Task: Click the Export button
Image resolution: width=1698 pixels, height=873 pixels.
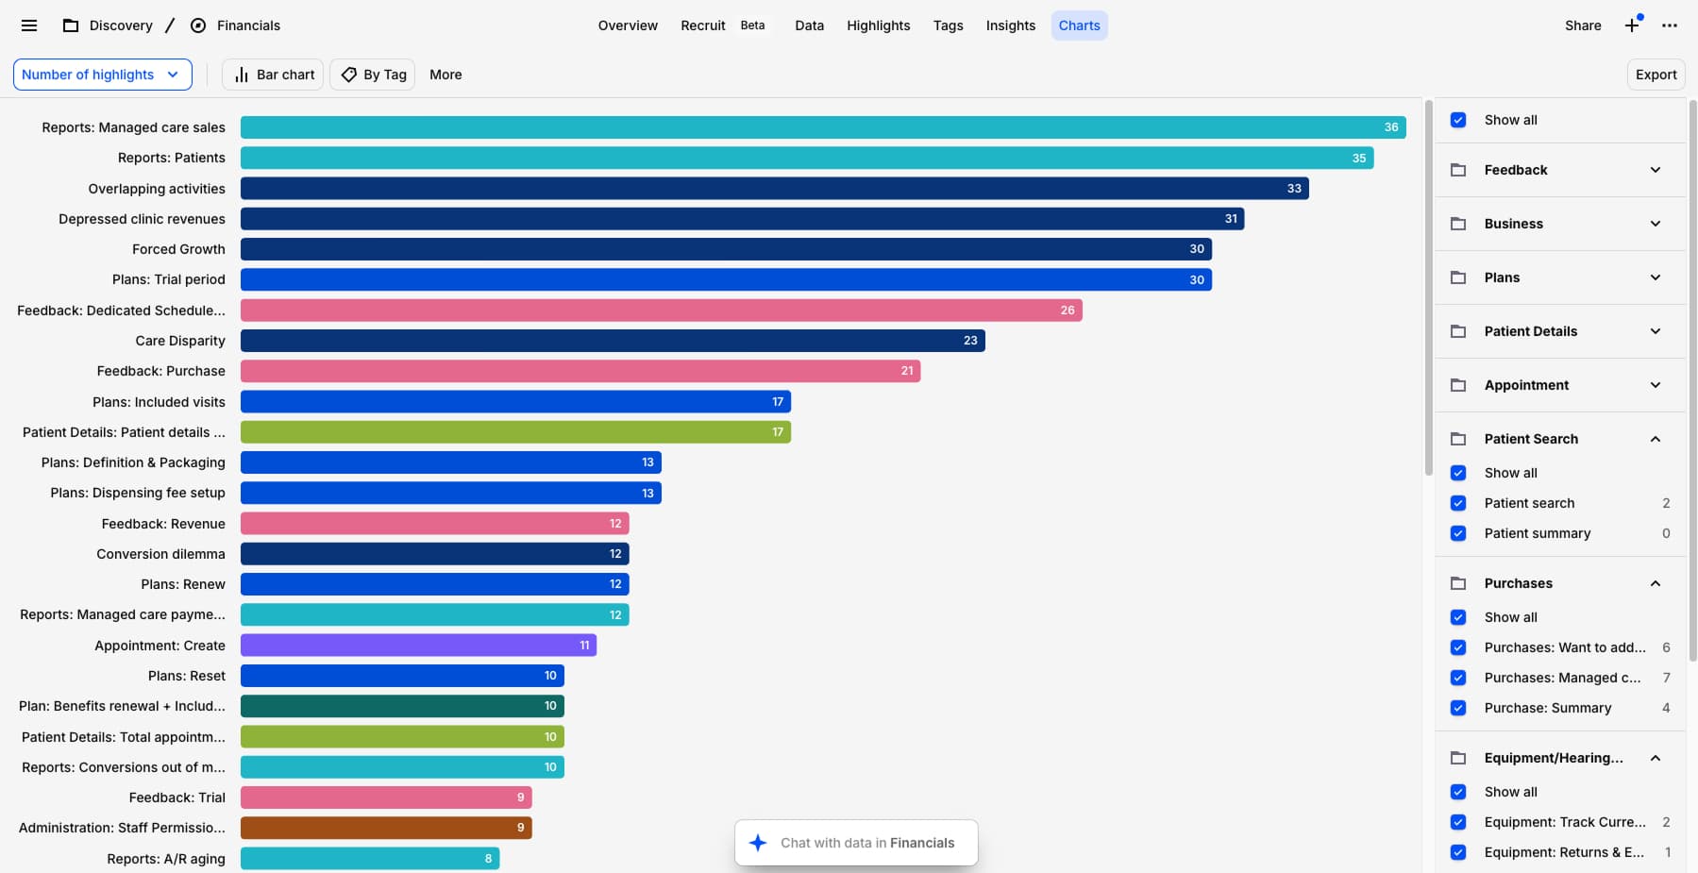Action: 1656,75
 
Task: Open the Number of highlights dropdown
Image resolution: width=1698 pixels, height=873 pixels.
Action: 102,75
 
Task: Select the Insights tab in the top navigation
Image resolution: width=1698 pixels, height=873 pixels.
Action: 1010,25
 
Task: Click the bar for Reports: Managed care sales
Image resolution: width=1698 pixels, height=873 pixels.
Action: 822,127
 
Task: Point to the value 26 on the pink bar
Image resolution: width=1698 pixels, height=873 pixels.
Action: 1067,311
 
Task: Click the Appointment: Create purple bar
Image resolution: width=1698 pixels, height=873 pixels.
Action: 417,646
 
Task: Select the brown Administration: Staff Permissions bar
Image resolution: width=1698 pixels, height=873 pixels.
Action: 385,828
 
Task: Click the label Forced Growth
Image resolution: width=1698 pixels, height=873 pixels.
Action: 178,249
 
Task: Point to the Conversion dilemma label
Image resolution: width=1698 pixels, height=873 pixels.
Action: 160,554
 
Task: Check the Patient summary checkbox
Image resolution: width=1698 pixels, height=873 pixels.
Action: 1458,533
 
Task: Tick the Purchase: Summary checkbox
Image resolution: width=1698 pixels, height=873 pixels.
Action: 1458,708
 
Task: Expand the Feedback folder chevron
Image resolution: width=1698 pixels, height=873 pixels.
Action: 1655,170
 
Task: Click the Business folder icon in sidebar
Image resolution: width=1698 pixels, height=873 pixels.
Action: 1458,224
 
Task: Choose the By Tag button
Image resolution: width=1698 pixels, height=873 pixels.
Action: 375,75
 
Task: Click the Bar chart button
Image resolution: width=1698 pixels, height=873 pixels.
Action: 273,75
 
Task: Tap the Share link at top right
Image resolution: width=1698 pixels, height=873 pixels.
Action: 1582,25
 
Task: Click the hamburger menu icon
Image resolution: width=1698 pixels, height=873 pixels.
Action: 29,25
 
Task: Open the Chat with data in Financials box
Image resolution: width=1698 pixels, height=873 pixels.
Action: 855,843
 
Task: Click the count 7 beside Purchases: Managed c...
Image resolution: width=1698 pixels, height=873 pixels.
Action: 1666,678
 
